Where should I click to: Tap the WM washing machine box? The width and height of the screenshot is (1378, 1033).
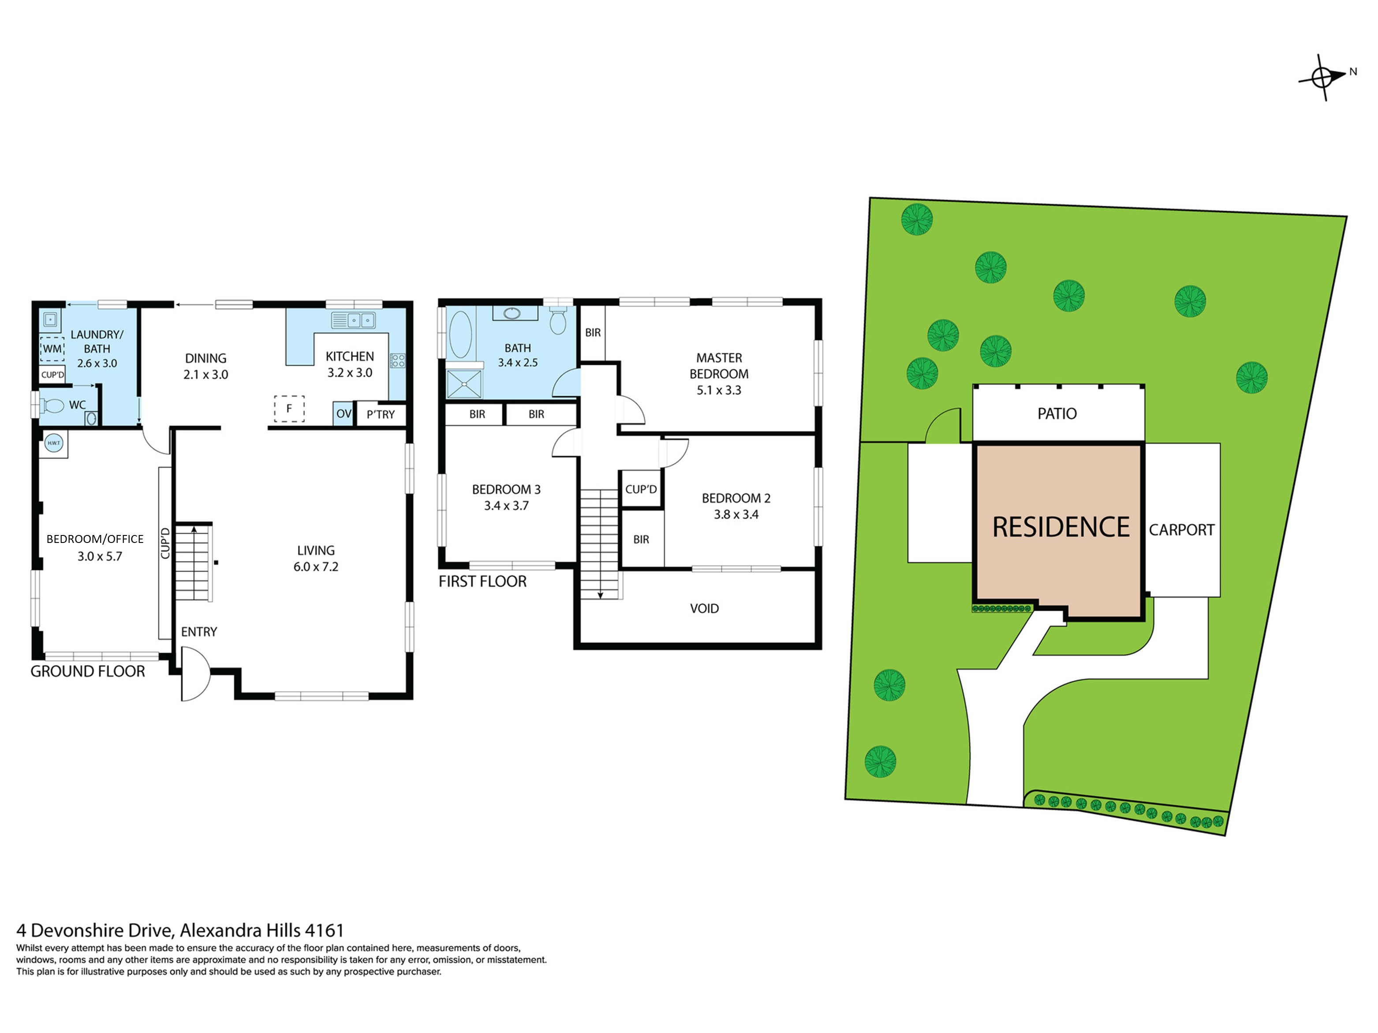tap(52, 349)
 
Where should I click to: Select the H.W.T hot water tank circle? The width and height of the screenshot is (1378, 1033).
tap(53, 443)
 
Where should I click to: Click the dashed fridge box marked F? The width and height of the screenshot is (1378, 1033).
tap(289, 409)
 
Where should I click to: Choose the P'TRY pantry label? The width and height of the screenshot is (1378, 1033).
tap(381, 415)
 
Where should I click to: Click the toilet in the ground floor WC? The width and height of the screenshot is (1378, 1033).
tap(52, 406)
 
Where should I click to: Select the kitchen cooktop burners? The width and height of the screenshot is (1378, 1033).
tap(397, 360)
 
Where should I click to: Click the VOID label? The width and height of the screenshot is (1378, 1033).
tap(705, 608)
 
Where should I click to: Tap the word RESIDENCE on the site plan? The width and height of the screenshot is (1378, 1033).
tap(1061, 528)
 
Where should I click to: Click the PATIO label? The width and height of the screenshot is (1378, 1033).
tap(1057, 413)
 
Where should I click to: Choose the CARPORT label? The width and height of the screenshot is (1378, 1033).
tap(1182, 530)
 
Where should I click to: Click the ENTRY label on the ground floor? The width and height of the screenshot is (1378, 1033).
tap(199, 632)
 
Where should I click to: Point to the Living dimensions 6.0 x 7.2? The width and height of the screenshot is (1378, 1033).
tap(316, 567)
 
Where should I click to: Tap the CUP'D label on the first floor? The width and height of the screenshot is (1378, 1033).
tap(641, 490)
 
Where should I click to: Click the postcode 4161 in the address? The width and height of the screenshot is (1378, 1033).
tap(324, 930)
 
